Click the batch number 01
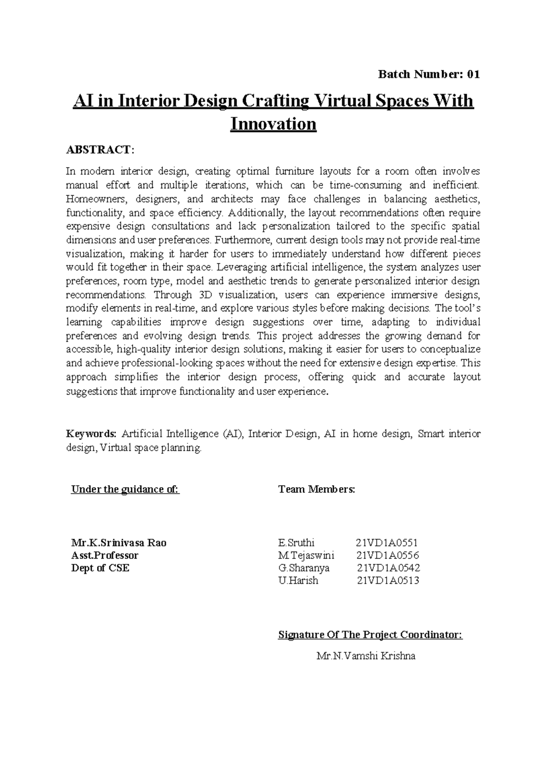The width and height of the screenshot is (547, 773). point(473,75)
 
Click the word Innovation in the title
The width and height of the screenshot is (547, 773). point(273,124)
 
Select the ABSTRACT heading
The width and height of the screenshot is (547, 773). point(100,149)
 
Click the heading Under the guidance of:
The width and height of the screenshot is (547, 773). point(125,490)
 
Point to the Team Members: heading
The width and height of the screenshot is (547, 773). point(316,490)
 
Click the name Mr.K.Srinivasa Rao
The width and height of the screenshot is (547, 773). point(119,543)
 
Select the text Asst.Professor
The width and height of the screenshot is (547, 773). point(104,555)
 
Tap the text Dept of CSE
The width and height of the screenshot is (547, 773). point(100,568)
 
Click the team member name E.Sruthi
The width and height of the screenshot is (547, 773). point(296,543)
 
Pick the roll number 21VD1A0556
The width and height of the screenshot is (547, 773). point(387,555)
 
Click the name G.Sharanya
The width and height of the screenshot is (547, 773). point(304,568)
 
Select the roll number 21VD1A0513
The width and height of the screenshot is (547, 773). point(387,581)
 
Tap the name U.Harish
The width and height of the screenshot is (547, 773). point(298,581)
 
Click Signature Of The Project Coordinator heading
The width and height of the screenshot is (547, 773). point(370,635)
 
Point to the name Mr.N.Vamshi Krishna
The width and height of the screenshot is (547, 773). point(366,656)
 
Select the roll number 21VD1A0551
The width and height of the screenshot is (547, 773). point(387,543)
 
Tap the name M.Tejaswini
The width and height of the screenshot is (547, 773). point(306,555)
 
